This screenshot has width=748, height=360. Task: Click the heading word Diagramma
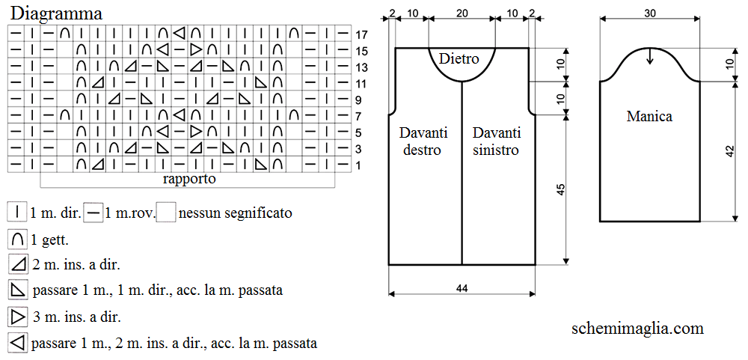pos(56,13)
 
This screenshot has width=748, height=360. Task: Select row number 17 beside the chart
pos(361,35)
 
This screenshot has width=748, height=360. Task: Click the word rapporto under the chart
pos(189,180)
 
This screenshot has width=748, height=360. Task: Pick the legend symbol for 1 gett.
pos(17,240)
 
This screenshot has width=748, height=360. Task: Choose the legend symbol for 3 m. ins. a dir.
pos(17,317)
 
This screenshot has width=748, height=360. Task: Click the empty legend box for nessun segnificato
pos(167,213)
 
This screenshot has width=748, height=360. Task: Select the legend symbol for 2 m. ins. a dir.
pos(17,264)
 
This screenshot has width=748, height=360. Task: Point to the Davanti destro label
pos(423,141)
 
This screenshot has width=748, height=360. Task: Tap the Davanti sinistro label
pos(496,141)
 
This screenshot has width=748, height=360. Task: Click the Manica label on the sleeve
pos(649,116)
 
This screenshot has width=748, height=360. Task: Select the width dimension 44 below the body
pos(462,288)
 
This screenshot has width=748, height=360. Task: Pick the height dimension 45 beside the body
pos(561,189)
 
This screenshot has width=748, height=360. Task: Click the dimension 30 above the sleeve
pos(649,13)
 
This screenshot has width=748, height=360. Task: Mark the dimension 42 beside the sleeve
pos(730,151)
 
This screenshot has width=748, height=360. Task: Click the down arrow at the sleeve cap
pos(649,56)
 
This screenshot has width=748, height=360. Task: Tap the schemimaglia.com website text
pos(637,328)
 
